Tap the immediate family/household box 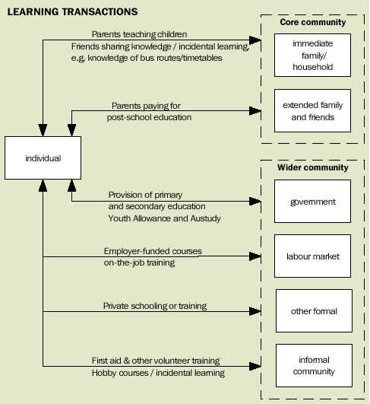pos(313,56)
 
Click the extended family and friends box pos(313,111)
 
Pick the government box pos(313,202)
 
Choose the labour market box pos(313,256)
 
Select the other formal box pos(313,311)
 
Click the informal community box pos(313,366)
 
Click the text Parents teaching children pos(139,34)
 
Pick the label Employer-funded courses pos(153,250)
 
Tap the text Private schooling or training pos(155,306)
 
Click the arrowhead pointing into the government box pos(257,202)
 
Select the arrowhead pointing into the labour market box pos(257,256)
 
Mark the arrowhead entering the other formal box pos(257,311)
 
